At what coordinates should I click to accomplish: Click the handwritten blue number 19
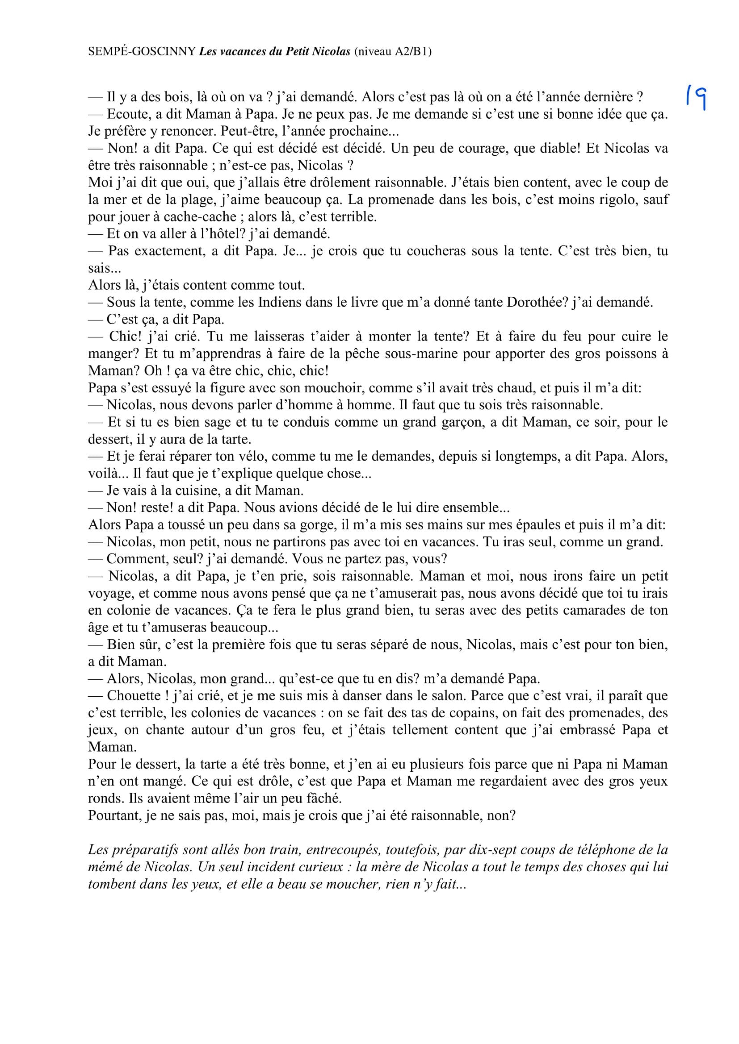tap(696, 98)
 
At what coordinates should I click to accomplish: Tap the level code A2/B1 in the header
tap(411, 52)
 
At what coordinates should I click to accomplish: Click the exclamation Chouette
tap(133, 696)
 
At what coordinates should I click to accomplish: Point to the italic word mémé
tap(105, 867)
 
